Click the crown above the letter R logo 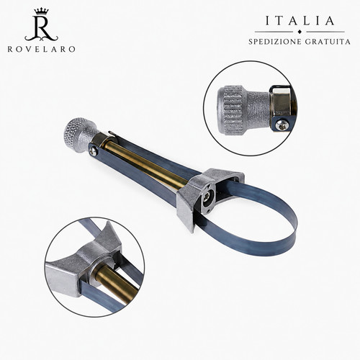[42, 12]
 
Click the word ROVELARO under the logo [41, 49]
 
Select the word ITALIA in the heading [300, 21]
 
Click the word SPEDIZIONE [274, 42]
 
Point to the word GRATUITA [328, 42]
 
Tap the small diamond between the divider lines [299, 32]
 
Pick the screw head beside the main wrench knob [93, 151]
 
